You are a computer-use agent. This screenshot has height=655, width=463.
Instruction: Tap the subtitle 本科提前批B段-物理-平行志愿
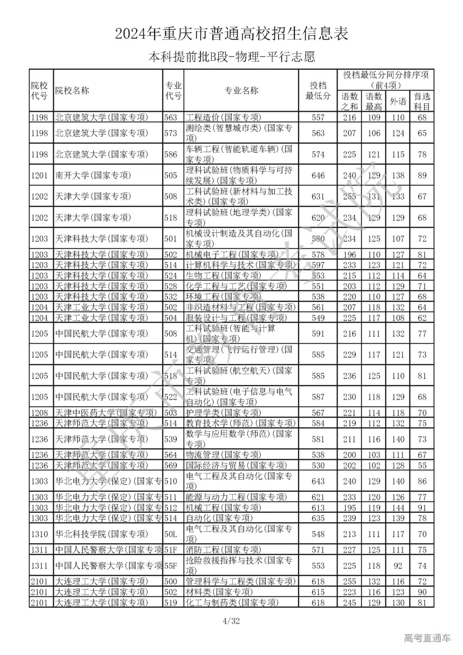click(x=231, y=57)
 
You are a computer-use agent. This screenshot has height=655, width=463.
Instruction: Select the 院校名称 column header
click(x=72, y=90)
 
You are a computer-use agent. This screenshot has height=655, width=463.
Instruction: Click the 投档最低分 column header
click(x=318, y=90)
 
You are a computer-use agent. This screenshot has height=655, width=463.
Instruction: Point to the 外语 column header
click(x=398, y=102)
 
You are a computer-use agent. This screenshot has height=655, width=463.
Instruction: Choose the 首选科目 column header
click(x=422, y=102)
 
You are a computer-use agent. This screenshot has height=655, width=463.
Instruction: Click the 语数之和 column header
click(x=349, y=102)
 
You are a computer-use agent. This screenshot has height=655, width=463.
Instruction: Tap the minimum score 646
click(x=318, y=175)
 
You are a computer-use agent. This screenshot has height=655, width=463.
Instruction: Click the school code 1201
click(x=40, y=175)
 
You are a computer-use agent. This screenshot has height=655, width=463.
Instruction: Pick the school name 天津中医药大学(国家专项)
click(x=105, y=413)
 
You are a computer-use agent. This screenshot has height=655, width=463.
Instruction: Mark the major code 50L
click(x=171, y=534)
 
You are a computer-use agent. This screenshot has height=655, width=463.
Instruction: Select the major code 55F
click(x=171, y=566)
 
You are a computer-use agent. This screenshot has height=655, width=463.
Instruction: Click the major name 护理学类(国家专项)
click(x=223, y=413)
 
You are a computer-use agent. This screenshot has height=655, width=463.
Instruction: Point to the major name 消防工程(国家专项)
click(x=223, y=550)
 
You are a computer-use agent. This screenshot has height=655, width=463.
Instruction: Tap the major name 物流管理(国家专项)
click(x=223, y=455)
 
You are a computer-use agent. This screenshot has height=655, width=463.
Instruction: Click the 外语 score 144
click(x=398, y=508)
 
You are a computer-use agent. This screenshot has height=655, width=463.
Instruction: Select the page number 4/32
click(x=231, y=621)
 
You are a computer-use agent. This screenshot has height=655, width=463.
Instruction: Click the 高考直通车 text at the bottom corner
click(x=427, y=638)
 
